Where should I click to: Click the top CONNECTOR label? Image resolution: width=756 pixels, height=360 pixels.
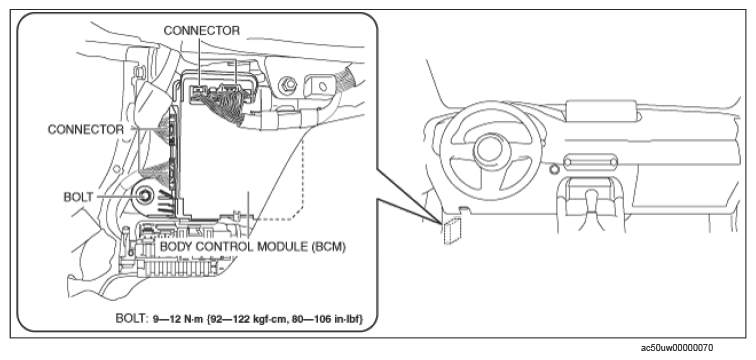coord(202,31)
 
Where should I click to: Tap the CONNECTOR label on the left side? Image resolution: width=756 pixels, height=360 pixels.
coord(85,130)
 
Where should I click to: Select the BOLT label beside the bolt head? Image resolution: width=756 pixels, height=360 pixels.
coord(79,197)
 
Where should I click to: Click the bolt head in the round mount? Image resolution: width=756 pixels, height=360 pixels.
coord(144,196)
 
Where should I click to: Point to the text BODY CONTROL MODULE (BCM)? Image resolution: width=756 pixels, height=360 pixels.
coord(253,247)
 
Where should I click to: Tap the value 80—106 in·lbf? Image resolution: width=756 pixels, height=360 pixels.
coord(328,319)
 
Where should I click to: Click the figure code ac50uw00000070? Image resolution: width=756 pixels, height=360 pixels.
coord(677,347)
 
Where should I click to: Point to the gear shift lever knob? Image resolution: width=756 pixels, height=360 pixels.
coord(592,199)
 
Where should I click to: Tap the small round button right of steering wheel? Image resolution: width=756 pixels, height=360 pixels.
coord(554,169)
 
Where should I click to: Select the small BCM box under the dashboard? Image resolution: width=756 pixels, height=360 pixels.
coord(452,229)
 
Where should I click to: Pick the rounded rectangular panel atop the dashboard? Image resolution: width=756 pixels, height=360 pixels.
coord(601,111)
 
